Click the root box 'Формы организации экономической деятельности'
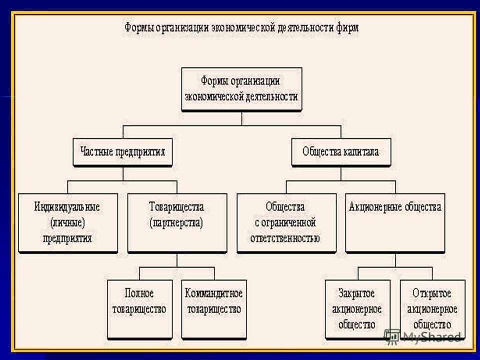pyautogui.click(x=242, y=89)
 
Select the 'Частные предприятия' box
pyautogui.click(x=123, y=152)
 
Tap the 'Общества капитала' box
pyautogui.click(x=341, y=152)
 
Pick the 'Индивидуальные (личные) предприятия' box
pyautogui.click(x=68, y=223)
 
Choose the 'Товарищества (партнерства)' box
pyautogui.click(x=177, y=223)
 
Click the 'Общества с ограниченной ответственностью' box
pyautogui.click(x=287, y=223)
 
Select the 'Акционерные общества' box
pyautogui.click(x=395, y=223)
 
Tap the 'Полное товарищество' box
pyautogui.click(x=140, y=310)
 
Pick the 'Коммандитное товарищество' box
pyautogui.click(x=214, y=310)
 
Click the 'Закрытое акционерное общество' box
pyautogui.click(x=358, y=310)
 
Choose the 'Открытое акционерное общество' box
pyautogui.click(x=433, y=310)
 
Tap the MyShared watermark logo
pyautogui.click(x=422, y=336)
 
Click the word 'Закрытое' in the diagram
pyautogui.click(x=356, y=293)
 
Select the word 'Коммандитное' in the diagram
pyautogui.click(x=214, y=293)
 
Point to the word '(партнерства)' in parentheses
pyautogui.click(x=176, y=223)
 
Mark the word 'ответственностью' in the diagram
pyautogui.click(x=285, y=238)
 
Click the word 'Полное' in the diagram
pyautogui.click(x=139, y=293)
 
